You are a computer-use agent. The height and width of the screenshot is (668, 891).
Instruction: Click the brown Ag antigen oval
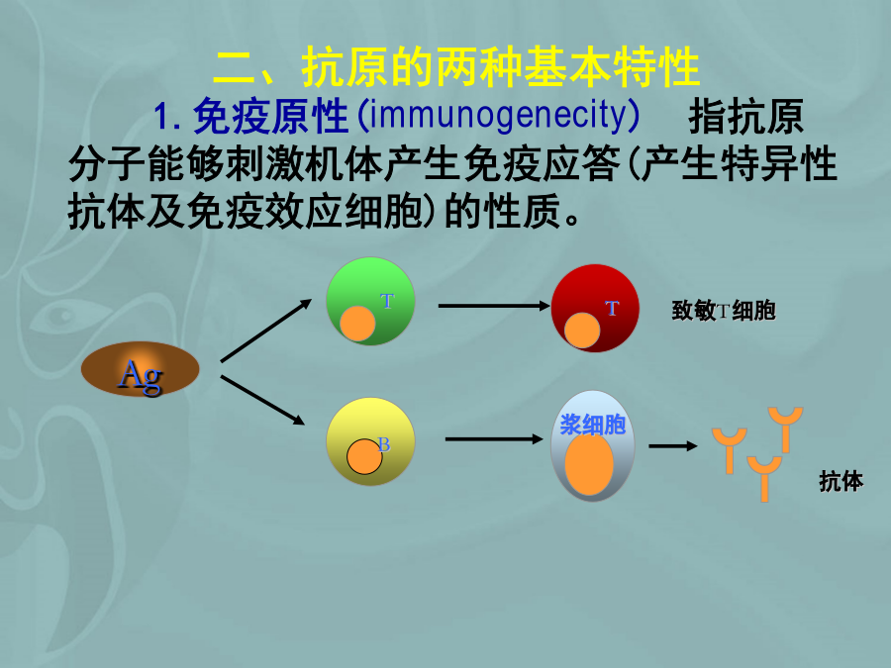(x=141, y=369)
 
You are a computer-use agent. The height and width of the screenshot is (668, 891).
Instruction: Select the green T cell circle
(x=370, y=301)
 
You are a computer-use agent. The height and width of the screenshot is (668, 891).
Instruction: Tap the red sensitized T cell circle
(x=596, y=309)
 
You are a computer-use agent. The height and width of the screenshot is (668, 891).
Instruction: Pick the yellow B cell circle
(x=370, y=441)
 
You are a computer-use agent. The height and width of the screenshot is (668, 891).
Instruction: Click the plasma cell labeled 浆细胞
(x=593, y=445)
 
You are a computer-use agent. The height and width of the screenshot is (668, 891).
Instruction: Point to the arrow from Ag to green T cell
(x=266, y=331)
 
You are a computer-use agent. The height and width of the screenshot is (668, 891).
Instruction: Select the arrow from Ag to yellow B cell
(x=263, y=400)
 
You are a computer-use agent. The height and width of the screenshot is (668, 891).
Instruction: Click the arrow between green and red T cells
(x=494, y=306)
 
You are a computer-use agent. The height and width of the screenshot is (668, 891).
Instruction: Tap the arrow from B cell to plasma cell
(x=494, y=439)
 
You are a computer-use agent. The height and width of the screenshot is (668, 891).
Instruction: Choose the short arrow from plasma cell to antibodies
(x=673, y=446)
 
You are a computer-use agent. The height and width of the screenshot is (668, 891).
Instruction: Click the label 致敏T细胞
(x=724, y=311)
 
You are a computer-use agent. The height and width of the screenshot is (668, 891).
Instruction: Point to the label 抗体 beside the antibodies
(x=841, y=481)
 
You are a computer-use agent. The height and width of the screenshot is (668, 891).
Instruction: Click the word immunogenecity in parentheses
(x=497, y=115)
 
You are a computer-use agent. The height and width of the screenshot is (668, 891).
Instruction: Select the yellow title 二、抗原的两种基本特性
(x=455, y=67)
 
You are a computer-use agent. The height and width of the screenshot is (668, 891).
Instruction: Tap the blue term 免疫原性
(x=270, y=116)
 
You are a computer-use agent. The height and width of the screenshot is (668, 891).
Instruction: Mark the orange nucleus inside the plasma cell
(x=589, y=463)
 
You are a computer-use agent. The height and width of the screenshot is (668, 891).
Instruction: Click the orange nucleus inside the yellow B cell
(x=364, y=456)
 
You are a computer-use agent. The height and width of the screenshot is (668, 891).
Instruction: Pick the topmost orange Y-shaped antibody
(x=786, y=429)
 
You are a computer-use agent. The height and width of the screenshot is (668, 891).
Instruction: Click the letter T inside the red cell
(x=612, y=309)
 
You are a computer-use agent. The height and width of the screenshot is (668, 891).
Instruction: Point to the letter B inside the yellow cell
(x=384, y=444)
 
